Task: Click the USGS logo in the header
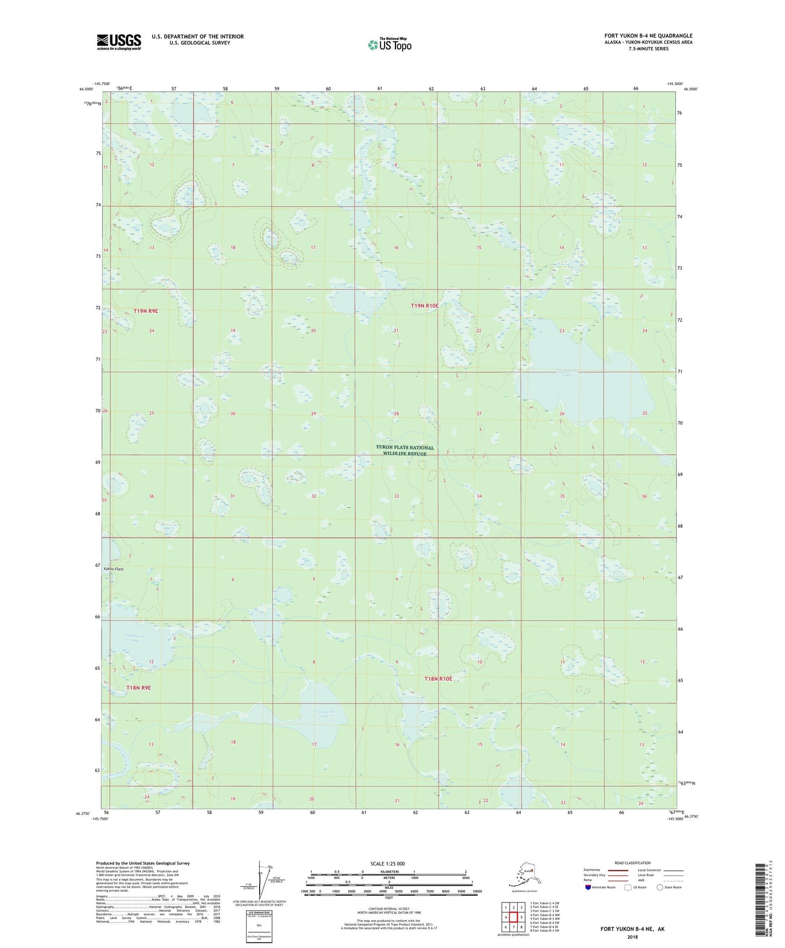tap(119, 42)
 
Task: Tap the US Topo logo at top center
tap(390, 45)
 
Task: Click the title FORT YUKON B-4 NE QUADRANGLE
tap(648, 36)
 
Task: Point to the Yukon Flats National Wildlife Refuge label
tap(405, 450)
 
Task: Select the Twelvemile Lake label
tap(567, 372)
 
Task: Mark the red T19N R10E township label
tap(424, 306)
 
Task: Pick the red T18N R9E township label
tap(139, 688)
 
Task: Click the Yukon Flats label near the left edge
tap(114, 569)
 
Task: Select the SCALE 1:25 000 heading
tap(387, 863)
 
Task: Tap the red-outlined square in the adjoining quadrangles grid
tap(513, 918)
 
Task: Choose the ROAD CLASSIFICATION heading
tap(632, 863)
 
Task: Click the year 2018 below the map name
tap(632, 937)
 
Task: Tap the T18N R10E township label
tap(438, 679)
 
